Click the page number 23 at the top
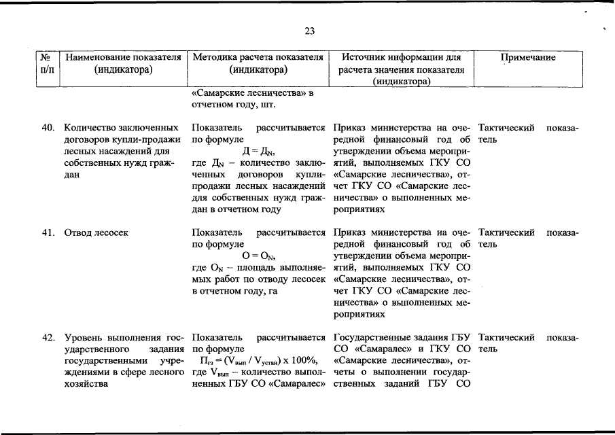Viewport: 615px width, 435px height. coord(309,31)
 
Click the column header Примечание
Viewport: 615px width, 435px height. coord(528,58)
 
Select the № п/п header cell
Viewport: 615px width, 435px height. coord(48,64)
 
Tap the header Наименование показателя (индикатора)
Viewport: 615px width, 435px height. coord(123,64)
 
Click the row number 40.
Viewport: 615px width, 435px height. coord(48,128)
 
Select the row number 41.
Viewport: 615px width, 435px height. coord(48,233)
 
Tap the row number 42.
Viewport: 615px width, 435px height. coord(48,338)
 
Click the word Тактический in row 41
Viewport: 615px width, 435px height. coord(506,233)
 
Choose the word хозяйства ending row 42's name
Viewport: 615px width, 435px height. coord(86,384)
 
